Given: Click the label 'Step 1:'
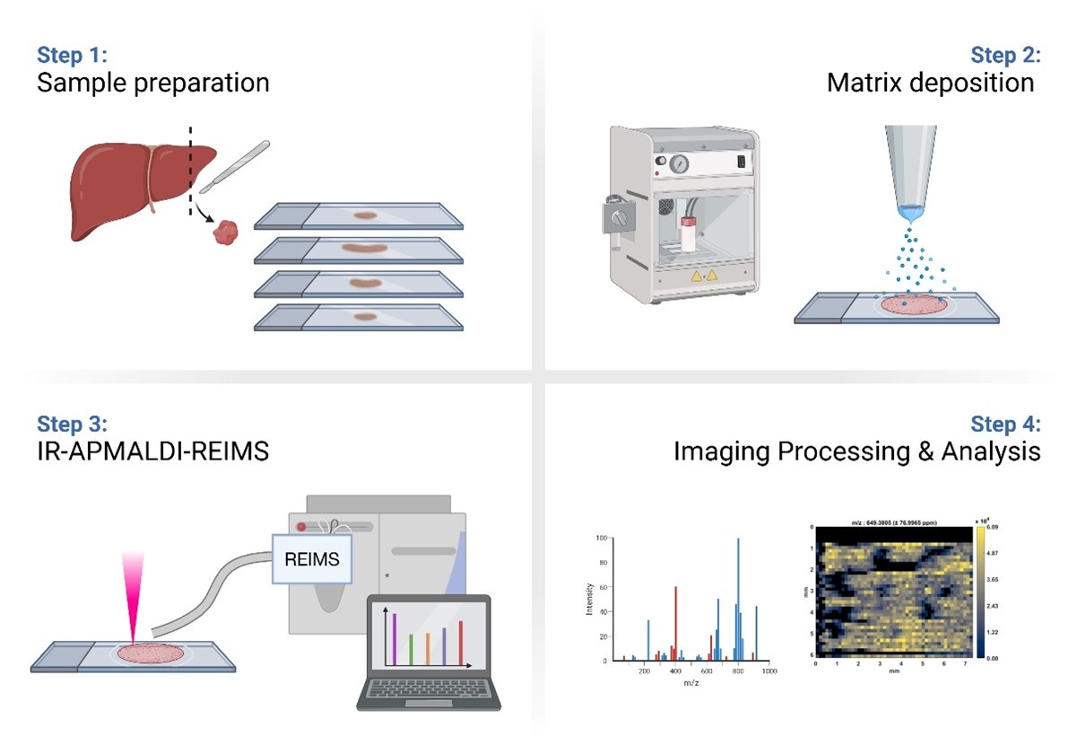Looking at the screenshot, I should pos(72,53).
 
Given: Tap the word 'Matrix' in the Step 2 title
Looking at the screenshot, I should pos(862,83).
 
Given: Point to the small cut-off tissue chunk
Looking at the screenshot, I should pos(228,234).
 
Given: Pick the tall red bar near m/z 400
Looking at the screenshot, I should pos(675,623).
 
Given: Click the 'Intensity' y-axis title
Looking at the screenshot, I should pos(588,601).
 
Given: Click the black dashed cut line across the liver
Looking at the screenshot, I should pos(190,171).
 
